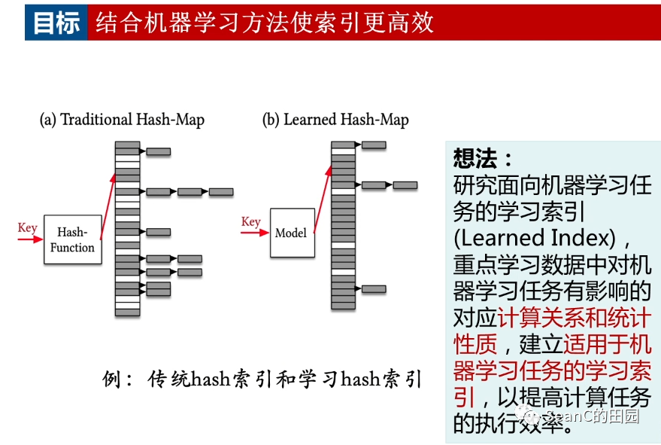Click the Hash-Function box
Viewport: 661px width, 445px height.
tap(72, 239)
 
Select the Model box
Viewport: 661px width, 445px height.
tap(291, 233)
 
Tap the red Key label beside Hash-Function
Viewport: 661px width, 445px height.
tap(27, 228)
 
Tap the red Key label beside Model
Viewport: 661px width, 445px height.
tap(250, 221)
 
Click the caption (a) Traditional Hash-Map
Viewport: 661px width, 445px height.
tap(122, 120)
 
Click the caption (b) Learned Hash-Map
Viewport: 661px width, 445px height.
tap(335, 120)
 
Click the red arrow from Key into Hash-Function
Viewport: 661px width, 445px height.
tap(30, 239)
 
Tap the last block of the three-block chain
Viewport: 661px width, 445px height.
tap(221, 192)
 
